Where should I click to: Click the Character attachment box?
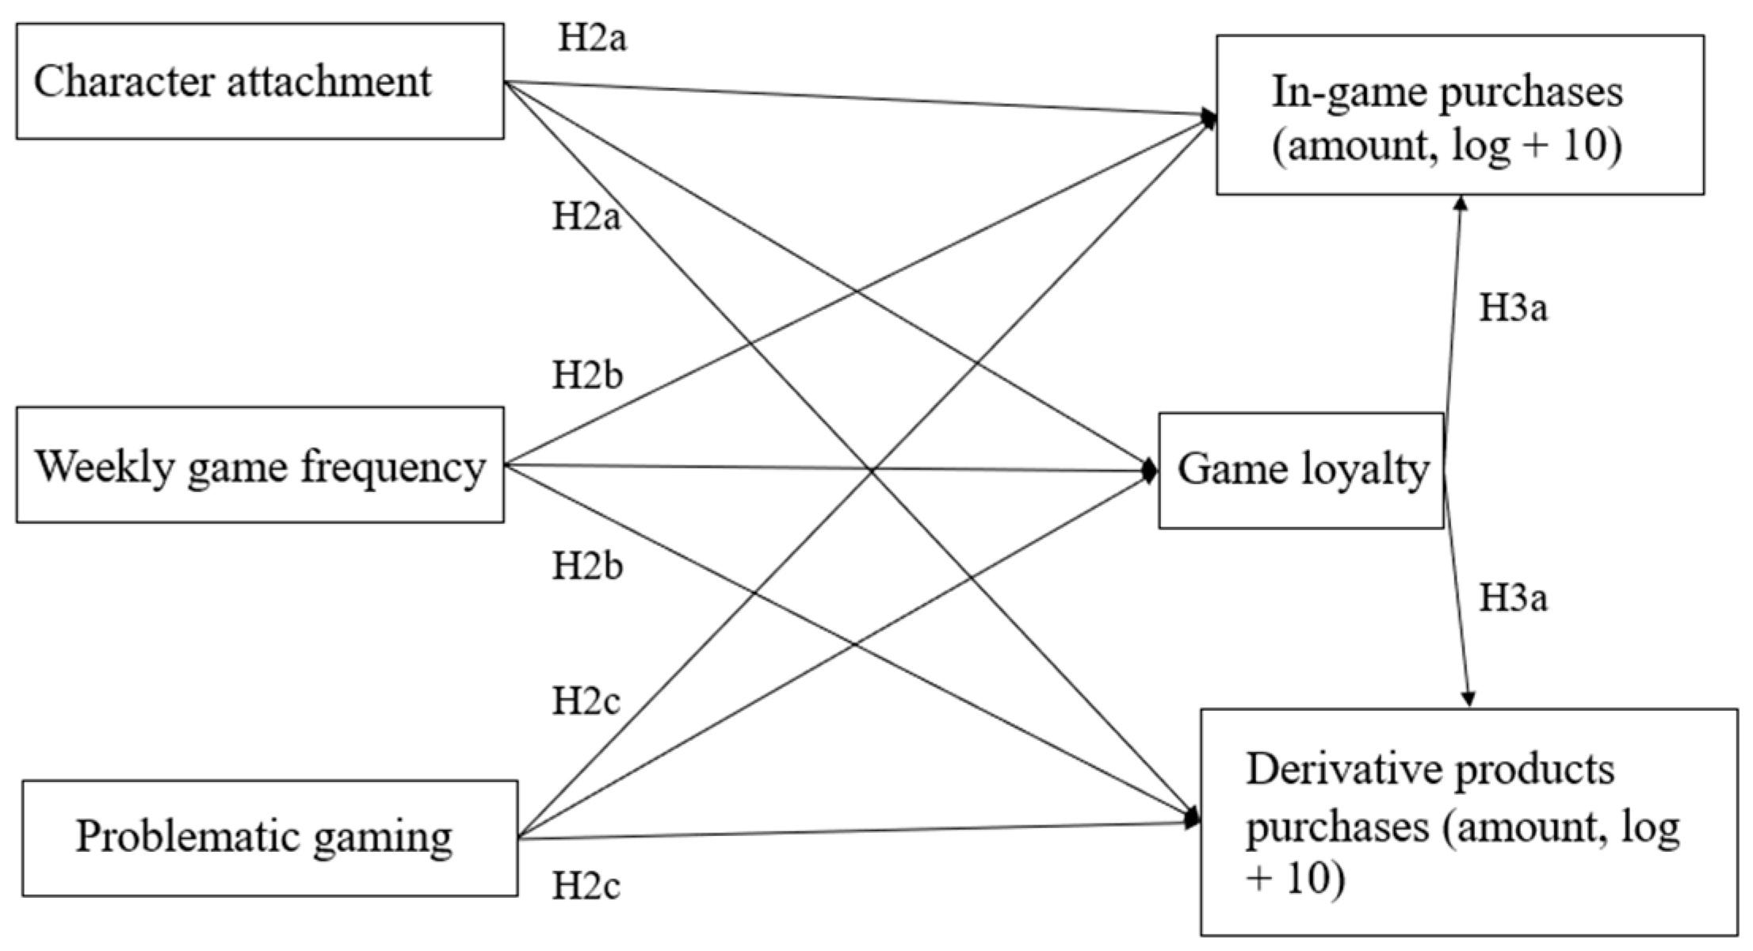[x=260, y=82]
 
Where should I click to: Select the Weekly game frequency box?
[x=260, y=466]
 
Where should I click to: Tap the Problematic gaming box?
[x=269, y=838]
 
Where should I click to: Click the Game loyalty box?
[x=1300, y=470]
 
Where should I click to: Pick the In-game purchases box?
[x=1460, y=116]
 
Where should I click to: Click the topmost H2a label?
[x=591, y=38]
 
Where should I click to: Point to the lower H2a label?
[x=586, y=216]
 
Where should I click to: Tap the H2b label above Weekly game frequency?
[x=587, y=375]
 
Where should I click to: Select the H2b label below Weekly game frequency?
[x=587, y=566]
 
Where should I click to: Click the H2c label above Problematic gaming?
[x=586, y=701]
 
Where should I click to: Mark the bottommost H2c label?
[x=586, y=885]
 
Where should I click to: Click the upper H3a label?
[x=1512, y=307]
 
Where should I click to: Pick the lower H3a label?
[x=1512, y=598]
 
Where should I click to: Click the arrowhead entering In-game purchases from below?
[x=1461, y=204]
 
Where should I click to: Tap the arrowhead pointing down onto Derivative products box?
[x=1468, y=699]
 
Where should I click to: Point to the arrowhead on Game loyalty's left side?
[x=1149, y=471]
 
